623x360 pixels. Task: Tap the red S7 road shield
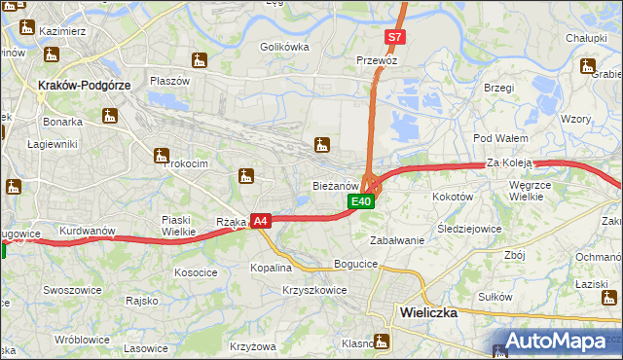tap(393, 38)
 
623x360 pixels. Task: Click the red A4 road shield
tap(260, 222)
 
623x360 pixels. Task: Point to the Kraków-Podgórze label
tap(83, 85)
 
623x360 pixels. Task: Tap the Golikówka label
tap(284, 46)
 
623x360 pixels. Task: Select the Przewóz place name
tap(378, 59)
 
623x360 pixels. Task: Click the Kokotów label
tap(452, 196)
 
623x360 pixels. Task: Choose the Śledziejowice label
tap(469, 230)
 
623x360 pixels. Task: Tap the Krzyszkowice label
tap(314, 290)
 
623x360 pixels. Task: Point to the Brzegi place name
tap(497, 88)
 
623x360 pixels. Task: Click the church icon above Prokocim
tap(162, 154)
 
